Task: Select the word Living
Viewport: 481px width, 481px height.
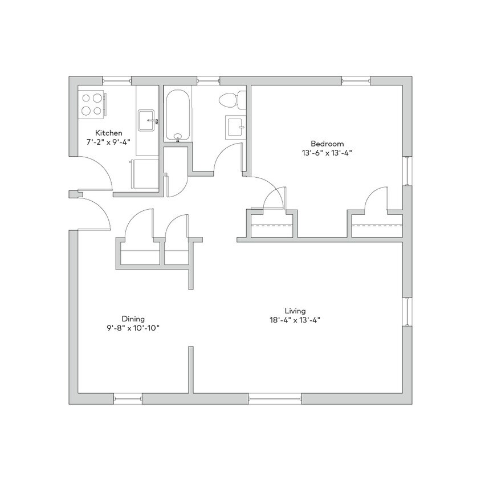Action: pyautogui.click(x=296, y=311)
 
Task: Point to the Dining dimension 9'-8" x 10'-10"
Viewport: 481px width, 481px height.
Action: pyautogui.click(x=132, y=328)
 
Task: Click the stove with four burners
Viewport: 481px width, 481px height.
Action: pyautogui.click(x=91, y=104)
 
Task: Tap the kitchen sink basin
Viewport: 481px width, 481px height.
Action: pyautogui.click(x=148, y=120)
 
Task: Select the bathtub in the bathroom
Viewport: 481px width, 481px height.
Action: pyautogui.click(x=177, y=115)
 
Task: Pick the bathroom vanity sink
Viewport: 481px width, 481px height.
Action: pyautogui.click(x=235, y=126)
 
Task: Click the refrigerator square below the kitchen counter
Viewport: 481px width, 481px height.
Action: pyautogui.click(x=143, y=174)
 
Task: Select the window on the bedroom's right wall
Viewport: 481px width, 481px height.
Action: pyautogui.click(x=407, y=170)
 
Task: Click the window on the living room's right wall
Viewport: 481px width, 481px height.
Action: pyautogui.click(x=407, y=312)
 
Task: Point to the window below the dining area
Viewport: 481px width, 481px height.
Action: pyautogui.click(x=128, y=398)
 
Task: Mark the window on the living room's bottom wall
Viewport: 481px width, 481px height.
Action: pyautogui.click(x=275, y=398)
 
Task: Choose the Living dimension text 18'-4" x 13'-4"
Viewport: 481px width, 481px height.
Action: pyautogui.click(x=296, y=320)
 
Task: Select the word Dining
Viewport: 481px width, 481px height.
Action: pyautogui.click(x=133, y=319)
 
